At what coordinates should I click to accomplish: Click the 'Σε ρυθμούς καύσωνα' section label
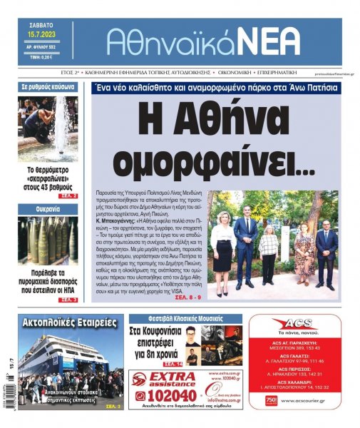[48, 87]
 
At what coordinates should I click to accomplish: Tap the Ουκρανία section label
[48, 209]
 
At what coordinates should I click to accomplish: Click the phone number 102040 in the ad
[169, 394]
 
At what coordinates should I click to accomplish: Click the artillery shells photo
[47, 239]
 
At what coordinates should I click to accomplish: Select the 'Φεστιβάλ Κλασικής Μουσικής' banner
[185, 318]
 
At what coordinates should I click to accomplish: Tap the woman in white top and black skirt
[222, 247]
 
